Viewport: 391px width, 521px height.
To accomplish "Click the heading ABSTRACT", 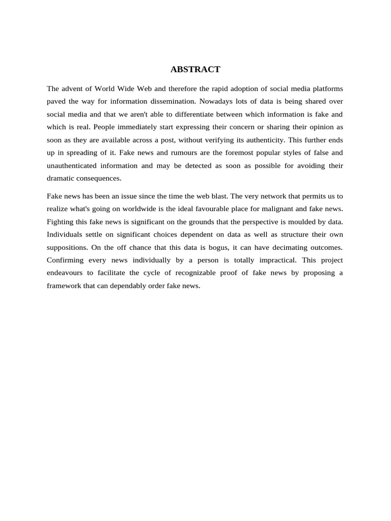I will click(195, 69).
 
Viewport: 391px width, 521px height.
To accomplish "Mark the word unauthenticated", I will click(72, 165).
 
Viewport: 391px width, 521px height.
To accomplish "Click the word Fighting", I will click(61, 221).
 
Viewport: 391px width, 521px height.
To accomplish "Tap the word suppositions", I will click(67, 247).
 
